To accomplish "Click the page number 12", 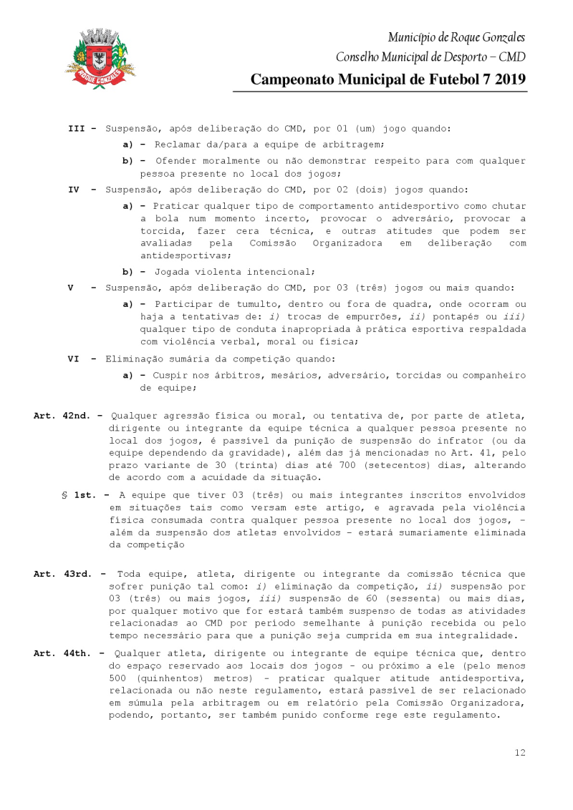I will pos(520,752).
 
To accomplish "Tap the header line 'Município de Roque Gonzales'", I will pos(456,37).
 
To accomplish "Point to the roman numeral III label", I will pos(77,129).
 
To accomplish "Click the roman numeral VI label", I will pos(74,359).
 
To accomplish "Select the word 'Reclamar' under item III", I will pos(180,145).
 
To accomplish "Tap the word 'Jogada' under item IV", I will pos(174,272).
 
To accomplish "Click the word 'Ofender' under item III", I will pos(177,161).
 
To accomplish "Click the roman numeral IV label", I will pos(74,190).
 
